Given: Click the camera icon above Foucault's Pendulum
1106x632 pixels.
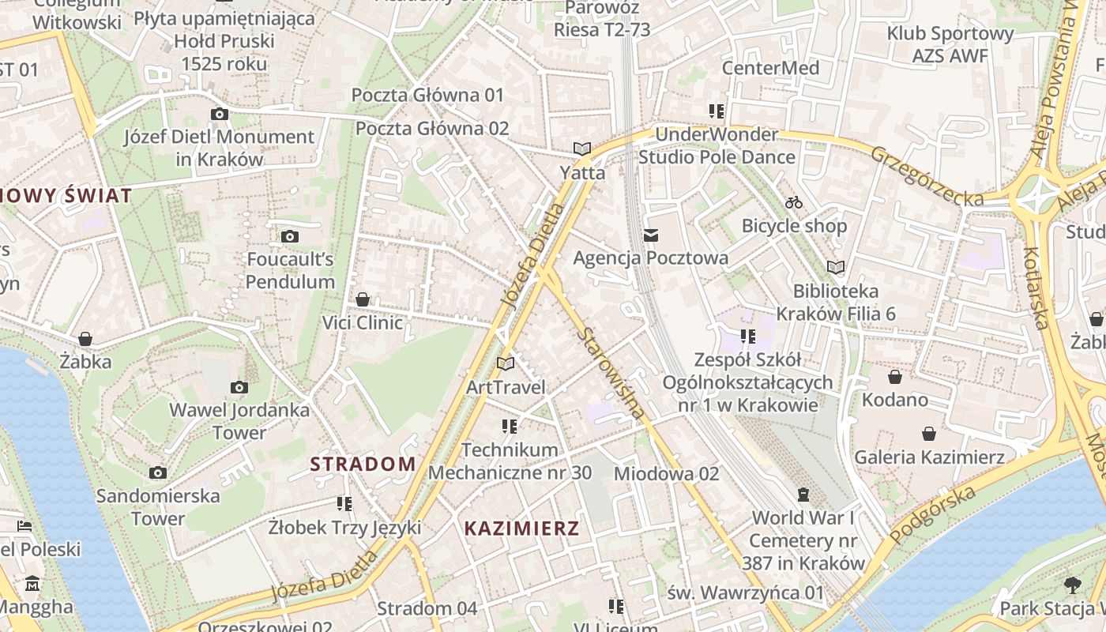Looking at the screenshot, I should (290, 236).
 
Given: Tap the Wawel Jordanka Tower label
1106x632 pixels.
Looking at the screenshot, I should (239, 422).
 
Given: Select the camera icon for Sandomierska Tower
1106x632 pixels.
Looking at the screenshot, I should (158, 473).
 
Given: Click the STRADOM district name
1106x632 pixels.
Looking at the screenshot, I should (363, 464).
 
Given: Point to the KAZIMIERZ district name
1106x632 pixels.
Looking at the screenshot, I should (521, 529).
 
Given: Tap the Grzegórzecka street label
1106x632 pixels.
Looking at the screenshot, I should (927, 175).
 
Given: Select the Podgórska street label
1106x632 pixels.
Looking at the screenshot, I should (933, 515).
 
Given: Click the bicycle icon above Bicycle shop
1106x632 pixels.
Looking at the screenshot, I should (794, 203).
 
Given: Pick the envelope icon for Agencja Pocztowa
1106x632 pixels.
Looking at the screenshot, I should (651, 235).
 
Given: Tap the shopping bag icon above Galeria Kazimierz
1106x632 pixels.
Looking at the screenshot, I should (929, 434).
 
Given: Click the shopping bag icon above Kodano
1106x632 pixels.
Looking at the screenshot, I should (894, 377).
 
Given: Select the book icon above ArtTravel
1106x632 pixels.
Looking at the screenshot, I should (506, 364).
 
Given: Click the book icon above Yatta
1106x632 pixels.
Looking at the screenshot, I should (582, 149).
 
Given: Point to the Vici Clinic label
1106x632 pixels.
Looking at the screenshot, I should (363, 322).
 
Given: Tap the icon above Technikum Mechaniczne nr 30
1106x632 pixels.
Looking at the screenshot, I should (510, 427).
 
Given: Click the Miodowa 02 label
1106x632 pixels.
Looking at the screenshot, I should (667, 473).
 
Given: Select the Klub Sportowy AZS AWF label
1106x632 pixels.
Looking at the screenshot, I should (950, 44).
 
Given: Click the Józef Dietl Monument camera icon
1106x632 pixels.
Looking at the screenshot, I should (220, 115).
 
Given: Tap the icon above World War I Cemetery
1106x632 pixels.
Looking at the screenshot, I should (803, 495).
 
